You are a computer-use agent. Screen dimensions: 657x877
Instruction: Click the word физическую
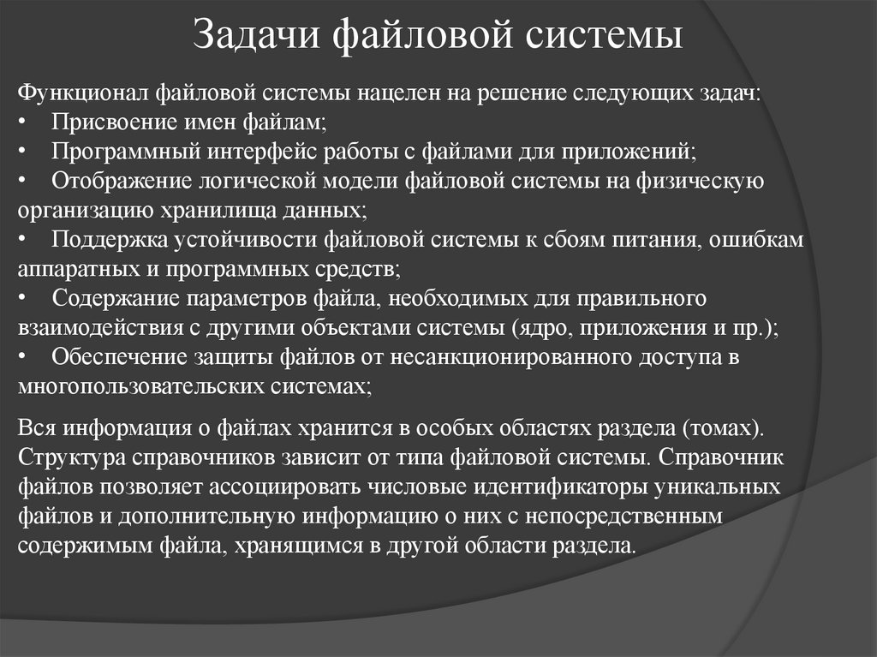click(x=699, y=181)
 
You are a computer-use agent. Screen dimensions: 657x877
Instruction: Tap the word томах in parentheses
click(x=727, y=427)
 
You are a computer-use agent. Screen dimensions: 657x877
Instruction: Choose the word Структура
click(x=71, y=457)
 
